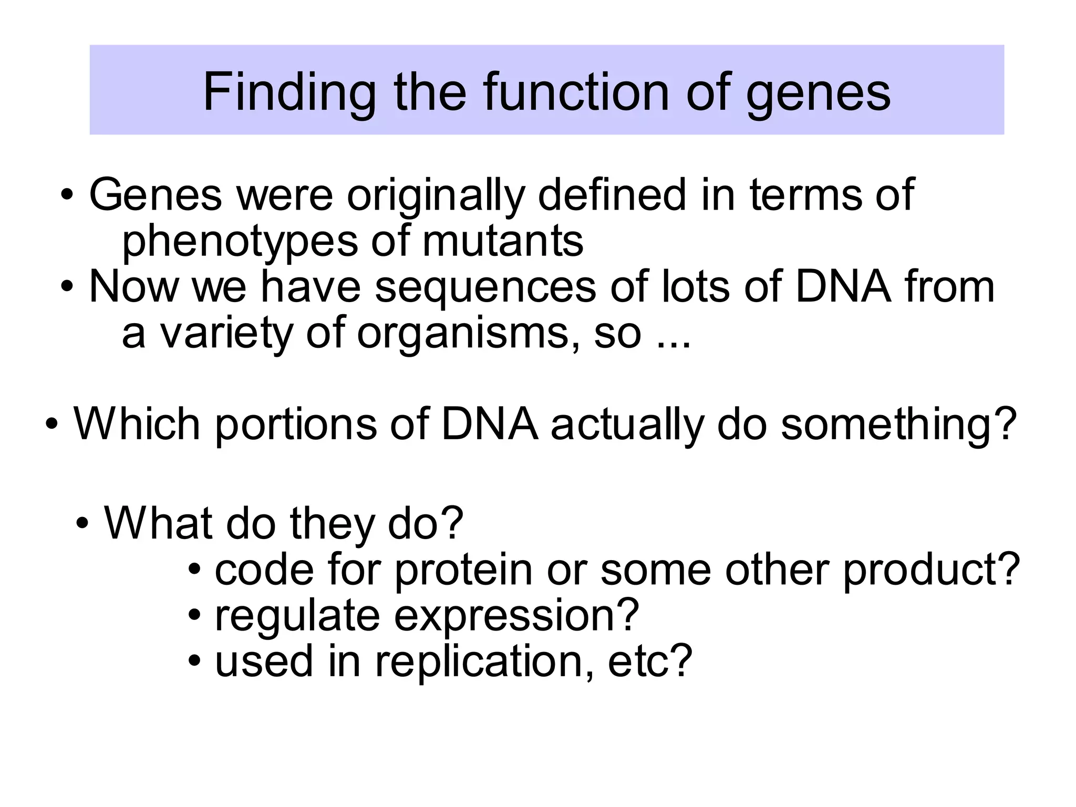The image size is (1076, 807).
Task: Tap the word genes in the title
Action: point(818,93)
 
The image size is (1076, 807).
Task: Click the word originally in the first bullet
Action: point(436,195)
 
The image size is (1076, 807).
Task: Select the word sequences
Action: point(485,288)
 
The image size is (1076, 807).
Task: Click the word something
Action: point(898,425)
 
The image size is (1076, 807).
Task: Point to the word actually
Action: point(627,425)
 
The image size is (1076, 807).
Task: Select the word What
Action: point(159,523)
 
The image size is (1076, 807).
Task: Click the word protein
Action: point(463,571)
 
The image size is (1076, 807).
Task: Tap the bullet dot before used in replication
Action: point(194,661)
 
